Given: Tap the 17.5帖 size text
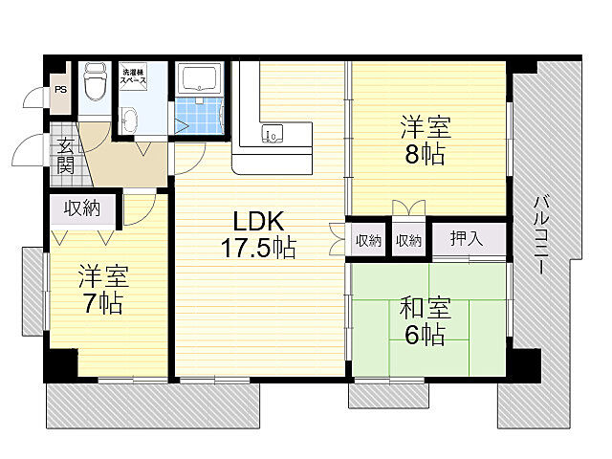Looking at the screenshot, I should click(258, 249).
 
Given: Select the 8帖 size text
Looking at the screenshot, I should click(425, 156).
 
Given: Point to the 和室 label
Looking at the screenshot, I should click(425, 308).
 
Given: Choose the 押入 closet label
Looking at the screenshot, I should click(466, 239).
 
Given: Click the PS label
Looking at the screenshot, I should click(60, 91).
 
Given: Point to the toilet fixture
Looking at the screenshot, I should click(94, 84).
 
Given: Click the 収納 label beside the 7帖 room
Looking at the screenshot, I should click(82, 209).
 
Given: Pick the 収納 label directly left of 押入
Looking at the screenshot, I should click(408, 240).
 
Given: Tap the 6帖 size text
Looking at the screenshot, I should click(425, 336).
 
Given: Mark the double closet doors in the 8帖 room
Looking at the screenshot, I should click(406, 208).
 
